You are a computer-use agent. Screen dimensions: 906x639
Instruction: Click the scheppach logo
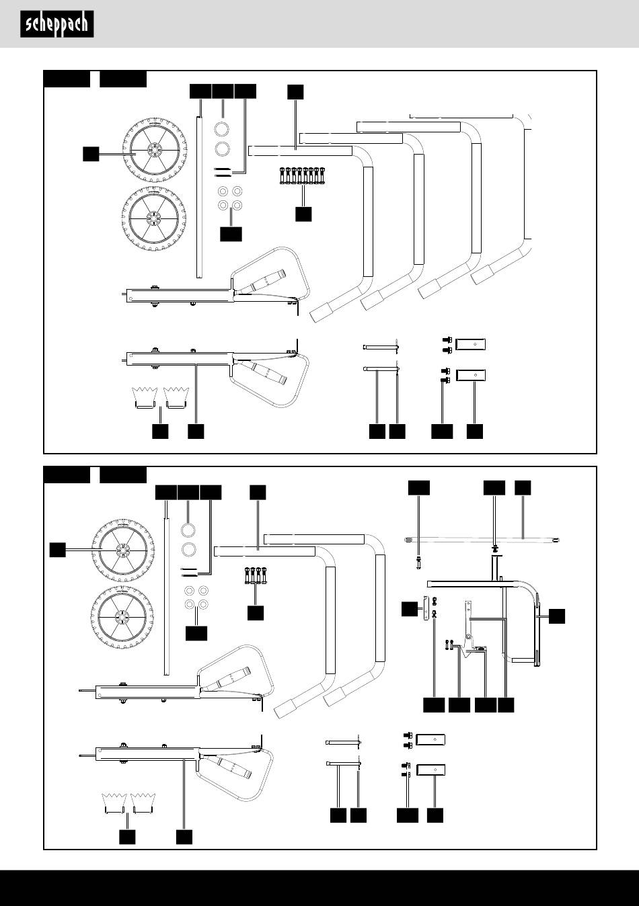tap(57, 24)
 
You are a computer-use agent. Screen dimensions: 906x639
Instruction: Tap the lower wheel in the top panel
tap(151, 216)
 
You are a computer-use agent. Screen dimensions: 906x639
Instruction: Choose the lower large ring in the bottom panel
tap(189, 549)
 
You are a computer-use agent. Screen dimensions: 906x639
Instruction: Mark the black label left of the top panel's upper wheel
tap(91, 154)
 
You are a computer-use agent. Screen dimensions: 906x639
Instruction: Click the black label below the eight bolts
tap(303, 214)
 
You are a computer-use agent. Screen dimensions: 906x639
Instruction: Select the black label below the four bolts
tap(255, 613)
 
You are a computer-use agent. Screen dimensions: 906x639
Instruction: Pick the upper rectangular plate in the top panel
tap(470, 345)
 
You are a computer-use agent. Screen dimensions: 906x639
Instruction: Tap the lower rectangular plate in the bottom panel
tap(431, 770)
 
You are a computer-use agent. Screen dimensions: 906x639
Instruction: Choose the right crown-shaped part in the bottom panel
tap(141, 802)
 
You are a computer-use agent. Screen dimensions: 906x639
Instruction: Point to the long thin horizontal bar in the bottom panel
tap(484, 539)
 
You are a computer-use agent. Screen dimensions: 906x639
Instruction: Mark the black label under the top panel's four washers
tap(231, 234)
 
